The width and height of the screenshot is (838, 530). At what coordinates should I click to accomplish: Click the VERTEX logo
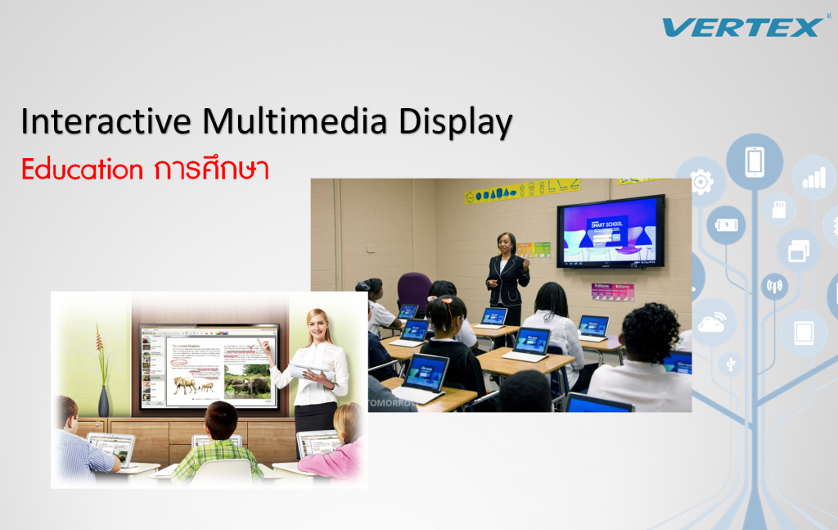pos(741,27)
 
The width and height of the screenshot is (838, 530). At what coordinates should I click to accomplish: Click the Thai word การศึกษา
pos(210,169)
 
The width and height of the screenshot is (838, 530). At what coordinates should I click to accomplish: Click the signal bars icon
pos(813,178)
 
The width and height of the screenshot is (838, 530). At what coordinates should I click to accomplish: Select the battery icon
pos(726,224)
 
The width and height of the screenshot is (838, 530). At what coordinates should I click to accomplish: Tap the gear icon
pos(701,182)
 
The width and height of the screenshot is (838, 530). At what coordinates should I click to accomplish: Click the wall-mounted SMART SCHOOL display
pos(610,231)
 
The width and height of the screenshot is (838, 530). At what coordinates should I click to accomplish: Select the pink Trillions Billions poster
pos(612,291)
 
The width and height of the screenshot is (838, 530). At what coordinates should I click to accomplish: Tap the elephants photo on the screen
pos(247,383)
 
